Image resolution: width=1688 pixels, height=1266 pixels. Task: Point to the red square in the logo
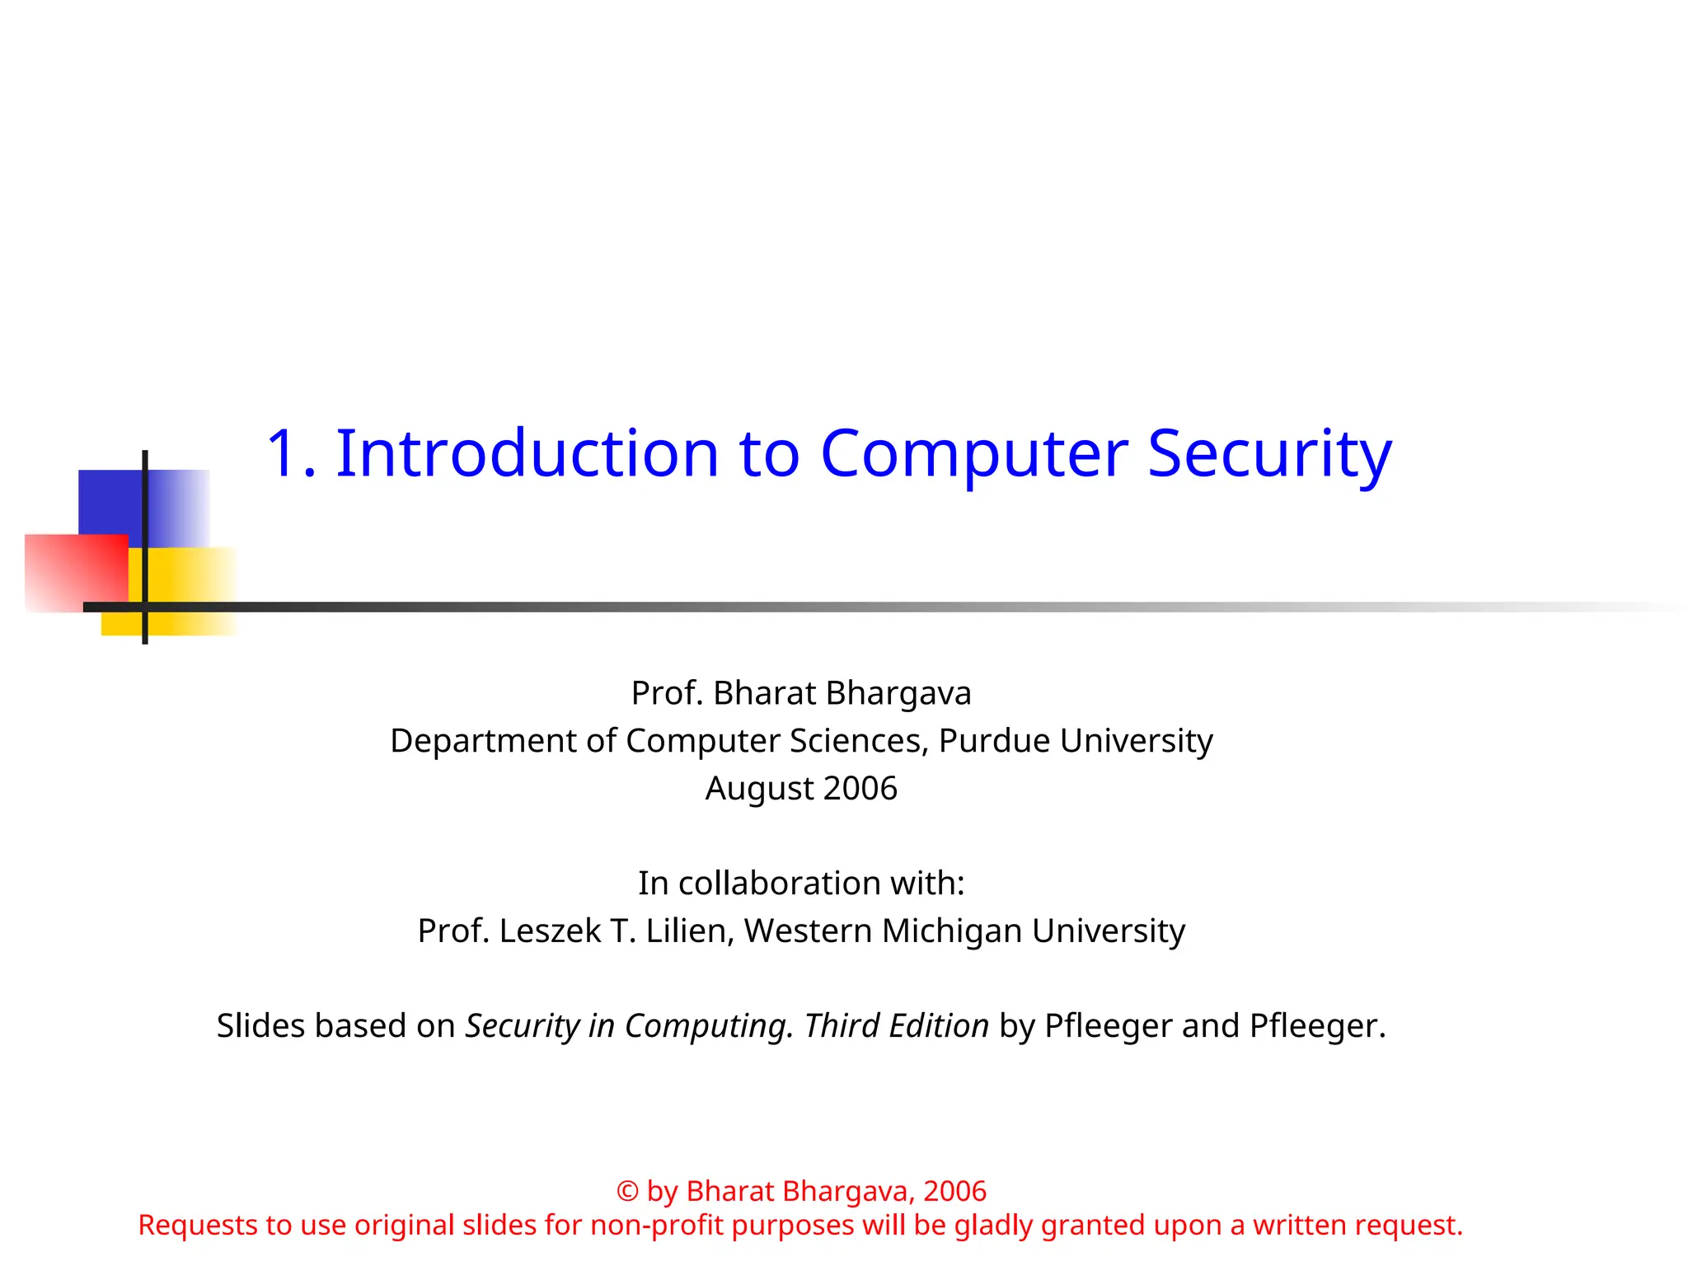click(x=74, y=573)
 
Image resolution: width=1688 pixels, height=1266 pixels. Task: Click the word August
click(x=759, y=789)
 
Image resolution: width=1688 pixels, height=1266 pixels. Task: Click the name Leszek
click(x=550, y=931)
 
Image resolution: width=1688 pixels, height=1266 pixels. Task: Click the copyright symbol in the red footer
click(x=627, y=1192)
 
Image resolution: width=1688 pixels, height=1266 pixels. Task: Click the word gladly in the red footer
click(x=993, y=1226)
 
